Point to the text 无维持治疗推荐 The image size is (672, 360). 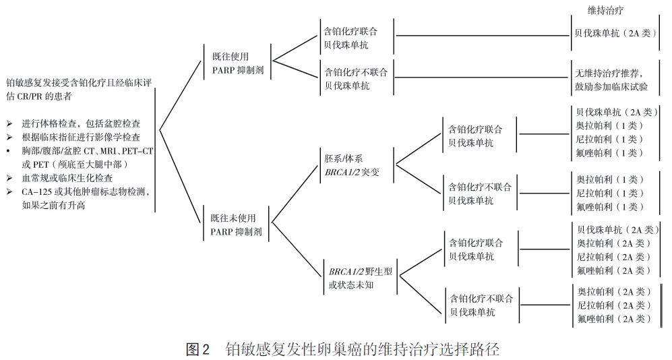click(x=609, y=73)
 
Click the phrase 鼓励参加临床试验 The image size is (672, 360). click(x=611, y=87)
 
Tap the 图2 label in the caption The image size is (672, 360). click(x=198, y=349)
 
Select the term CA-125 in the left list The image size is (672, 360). click(x=37, y=192)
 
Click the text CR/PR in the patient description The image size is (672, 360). click(x=32, y=96)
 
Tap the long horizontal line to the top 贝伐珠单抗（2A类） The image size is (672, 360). click(x=482, y=34)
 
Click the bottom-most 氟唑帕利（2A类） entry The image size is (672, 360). click(x=614, y=319)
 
